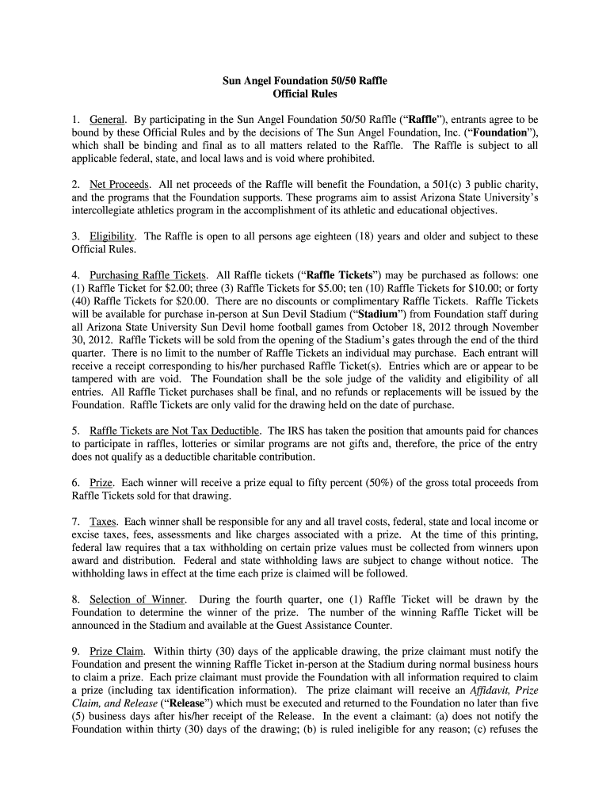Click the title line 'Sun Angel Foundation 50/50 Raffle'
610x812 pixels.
pos(304,81)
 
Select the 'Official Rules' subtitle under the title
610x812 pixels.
pos(304,94)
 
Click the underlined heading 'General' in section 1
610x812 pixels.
pos(105,119)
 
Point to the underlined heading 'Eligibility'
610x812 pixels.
pos(112,236)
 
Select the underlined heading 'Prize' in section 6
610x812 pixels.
pos(101,483)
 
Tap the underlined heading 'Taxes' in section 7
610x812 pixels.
pos(103,522)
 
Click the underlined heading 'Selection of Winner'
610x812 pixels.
pos(138,599)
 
